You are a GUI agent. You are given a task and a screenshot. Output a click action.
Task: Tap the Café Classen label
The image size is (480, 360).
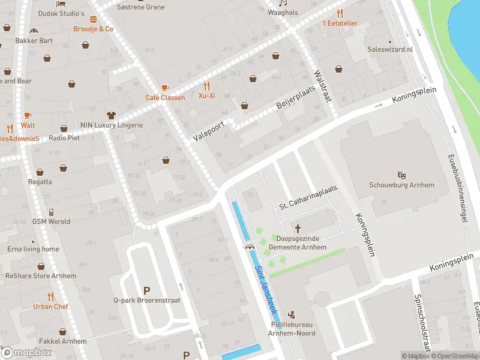[165, 98]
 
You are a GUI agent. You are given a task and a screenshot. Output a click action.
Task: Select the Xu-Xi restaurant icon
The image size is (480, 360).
[206, 86]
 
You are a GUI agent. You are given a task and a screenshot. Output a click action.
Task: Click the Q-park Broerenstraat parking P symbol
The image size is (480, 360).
[146, 290]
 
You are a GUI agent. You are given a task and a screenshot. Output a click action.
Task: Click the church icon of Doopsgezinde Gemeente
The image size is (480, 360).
[298, 228]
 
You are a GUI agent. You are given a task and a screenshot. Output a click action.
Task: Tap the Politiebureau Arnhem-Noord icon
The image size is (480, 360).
[292, 314]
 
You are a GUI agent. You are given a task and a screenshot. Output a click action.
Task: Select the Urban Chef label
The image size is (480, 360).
[50, 306]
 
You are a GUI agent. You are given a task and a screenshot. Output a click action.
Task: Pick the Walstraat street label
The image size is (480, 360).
[322, 86]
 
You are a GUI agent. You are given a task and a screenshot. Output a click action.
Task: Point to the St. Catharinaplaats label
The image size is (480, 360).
[308, 197]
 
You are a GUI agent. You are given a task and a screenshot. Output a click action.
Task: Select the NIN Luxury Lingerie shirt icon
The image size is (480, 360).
[111, 115]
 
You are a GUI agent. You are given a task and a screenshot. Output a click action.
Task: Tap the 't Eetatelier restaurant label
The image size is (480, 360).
[340, 23]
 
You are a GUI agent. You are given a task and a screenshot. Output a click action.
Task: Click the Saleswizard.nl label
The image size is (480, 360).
[390, 49]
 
